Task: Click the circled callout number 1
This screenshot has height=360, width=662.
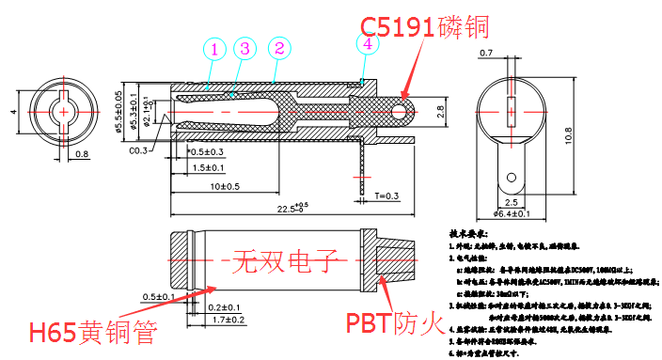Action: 215,48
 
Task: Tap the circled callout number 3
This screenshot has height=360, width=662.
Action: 244,48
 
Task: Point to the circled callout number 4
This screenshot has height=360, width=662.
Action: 367,42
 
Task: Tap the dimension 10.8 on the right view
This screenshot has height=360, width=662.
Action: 592,134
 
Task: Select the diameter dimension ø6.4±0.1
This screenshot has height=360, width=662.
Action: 512,214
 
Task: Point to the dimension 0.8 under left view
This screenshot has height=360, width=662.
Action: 82,153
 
